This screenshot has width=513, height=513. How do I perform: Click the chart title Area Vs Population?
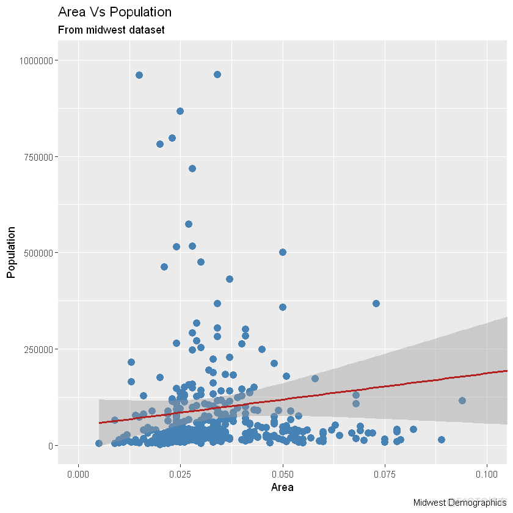point(114,12)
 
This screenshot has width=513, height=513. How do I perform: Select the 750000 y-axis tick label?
point(37,157)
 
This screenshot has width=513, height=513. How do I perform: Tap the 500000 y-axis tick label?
point(37,253)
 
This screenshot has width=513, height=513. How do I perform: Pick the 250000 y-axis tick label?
point(37,349)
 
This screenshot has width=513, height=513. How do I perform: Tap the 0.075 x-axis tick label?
point(385,474)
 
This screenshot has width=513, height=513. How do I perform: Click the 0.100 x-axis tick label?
point(487,474)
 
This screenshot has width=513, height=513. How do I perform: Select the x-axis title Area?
point(283,488)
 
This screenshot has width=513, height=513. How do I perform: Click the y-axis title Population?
point(11,252)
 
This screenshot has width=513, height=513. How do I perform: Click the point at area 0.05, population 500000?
point(283,252)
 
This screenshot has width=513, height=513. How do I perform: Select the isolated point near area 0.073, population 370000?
point(376,304)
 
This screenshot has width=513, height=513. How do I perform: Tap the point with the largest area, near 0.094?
point(462,401)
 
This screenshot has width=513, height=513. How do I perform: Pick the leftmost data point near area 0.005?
point(99,443)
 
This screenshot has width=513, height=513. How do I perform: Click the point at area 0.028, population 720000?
point(192,169)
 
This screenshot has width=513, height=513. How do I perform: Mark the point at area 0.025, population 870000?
point(180,111)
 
